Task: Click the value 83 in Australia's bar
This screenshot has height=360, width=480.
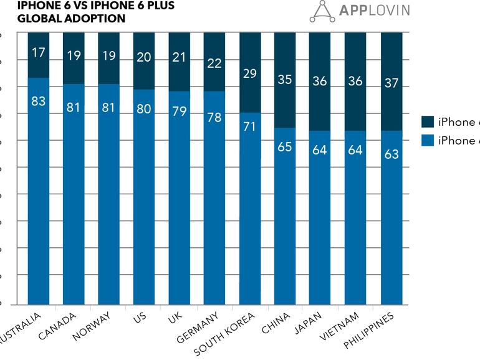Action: click(x=39, y=101)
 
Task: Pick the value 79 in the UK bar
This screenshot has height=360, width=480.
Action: click(x=180, y=113)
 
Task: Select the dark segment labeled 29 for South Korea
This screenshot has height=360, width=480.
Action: click(x=250, y=73)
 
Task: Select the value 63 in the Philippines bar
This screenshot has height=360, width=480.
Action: click(x=391, y=154)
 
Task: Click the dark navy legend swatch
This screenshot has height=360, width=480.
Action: click(x=428, y=122)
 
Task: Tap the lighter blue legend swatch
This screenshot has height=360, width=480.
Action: click(x=428, y=140)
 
